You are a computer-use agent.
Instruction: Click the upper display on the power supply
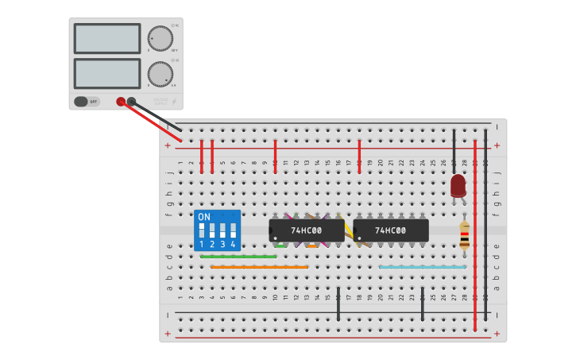tap(107, 38)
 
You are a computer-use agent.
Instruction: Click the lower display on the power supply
tap(107, 73)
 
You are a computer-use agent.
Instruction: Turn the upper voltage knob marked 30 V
tap(160, 38)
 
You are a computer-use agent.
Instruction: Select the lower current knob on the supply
tap(160, 74)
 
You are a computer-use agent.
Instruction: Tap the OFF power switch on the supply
tap(87, 102)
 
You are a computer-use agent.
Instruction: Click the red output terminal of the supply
tap(121, 102)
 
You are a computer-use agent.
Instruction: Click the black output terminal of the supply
tap(131, 102)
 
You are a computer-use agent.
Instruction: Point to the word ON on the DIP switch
tap(204, 217)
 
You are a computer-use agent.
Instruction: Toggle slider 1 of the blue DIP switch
tap(202, 230)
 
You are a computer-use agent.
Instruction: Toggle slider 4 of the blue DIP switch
tap(233, 230)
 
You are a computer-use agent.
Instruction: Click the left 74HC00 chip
tap(307, 230)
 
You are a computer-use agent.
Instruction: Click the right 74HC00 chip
tap(391, 230)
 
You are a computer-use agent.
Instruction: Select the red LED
tap(458, 186)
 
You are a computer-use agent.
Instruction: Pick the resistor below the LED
tap(464, 236)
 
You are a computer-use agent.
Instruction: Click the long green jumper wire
tap(238, 257)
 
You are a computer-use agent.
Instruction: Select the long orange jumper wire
tap(259, 267)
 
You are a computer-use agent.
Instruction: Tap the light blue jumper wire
tap(422, 267)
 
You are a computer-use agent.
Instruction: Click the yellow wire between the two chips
tap(349, 230)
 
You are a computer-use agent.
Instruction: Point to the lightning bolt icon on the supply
tap(174, 102)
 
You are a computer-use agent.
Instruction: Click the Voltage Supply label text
tap(160, 102)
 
